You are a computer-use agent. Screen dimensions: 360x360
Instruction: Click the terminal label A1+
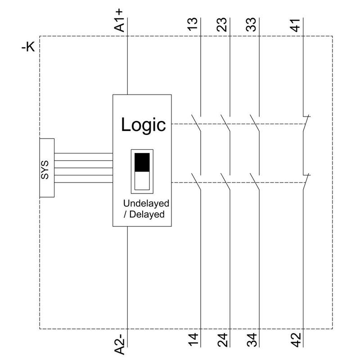click(120, 22)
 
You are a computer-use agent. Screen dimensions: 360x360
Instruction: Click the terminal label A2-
click(120, 343)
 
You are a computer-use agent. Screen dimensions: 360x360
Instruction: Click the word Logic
click(143, 125)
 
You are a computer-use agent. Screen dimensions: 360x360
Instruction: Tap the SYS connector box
click(47, 167)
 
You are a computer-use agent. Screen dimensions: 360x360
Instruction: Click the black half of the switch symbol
click(142, 162)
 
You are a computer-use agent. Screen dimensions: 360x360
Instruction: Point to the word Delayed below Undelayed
click(147, 214)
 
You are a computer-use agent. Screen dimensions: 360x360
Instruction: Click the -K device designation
click(28, 47)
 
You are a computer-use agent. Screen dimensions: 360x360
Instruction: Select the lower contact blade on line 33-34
click(256, 181)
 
